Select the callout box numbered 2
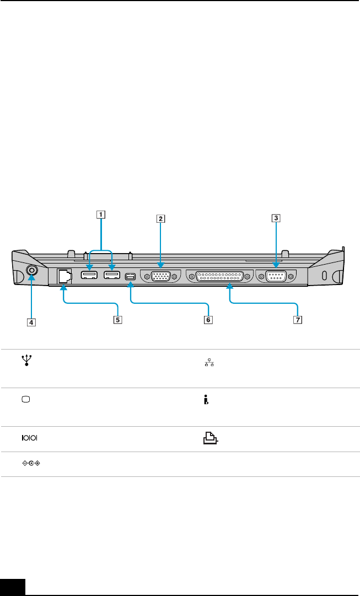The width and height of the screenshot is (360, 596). click(160, 218)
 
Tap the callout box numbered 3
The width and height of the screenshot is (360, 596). click(275, 218)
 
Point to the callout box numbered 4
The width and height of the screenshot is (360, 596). click(33, 322)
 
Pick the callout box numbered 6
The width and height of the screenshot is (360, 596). click(207, 319)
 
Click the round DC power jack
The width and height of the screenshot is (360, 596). click(32, 271)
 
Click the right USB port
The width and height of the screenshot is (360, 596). click(112, 275)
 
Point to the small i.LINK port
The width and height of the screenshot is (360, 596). click(130, 277)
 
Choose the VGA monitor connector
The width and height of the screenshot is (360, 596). click(160, 276)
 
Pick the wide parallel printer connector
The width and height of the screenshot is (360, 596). click(219, 276)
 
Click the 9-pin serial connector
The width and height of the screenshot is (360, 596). click(275, 275)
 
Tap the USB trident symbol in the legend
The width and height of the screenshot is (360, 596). click(25, 361)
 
